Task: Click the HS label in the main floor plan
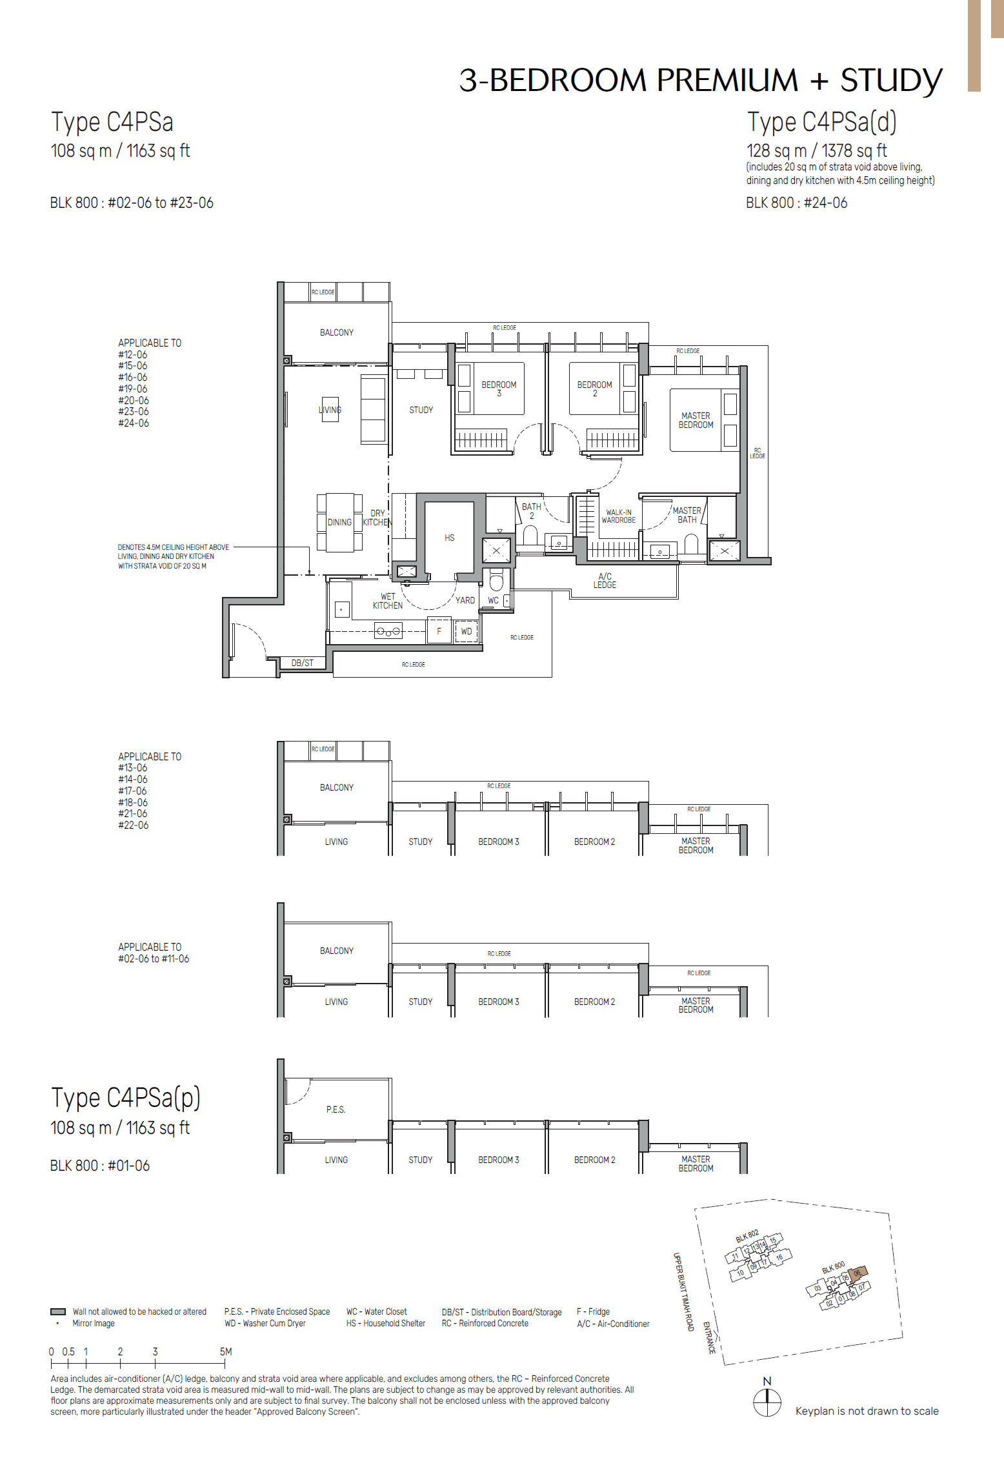450,538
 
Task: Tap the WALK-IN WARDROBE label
619,516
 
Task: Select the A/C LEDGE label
605,581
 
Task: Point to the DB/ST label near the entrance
302,663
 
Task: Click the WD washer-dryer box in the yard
467,631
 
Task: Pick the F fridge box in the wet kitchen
439,631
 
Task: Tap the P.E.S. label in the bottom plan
336,1109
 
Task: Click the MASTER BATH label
687,515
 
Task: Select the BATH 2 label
532,511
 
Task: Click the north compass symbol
767,1402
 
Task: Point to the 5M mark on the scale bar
225,1351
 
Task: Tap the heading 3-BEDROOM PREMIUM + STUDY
701,81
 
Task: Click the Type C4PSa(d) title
821,122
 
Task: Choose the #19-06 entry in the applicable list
133,389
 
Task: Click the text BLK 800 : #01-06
100,1166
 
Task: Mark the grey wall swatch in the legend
58,1311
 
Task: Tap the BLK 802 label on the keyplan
747,1236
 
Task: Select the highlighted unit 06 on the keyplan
858,1273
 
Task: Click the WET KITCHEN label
388,601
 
